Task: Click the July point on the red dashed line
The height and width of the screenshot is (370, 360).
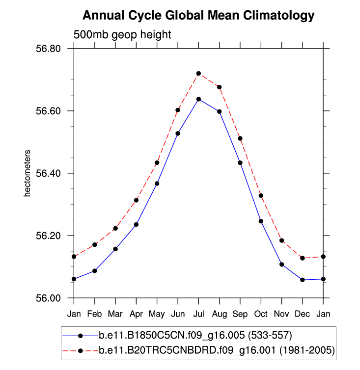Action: coord(198,74)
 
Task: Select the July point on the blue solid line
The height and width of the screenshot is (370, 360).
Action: coord(198,99)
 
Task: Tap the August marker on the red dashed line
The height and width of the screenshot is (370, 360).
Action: coord(219,87)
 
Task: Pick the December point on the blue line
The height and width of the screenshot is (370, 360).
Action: coord(303,280)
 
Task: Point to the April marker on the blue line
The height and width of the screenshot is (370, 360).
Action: coord(136,225)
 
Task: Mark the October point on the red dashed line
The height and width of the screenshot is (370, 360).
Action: coord(261,196)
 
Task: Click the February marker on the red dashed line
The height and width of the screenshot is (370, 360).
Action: coord(94,245)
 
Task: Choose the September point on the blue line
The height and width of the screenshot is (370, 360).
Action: coord(240,162)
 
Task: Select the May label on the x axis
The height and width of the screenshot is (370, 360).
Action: coord(157,313)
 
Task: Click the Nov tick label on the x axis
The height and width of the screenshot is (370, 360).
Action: coord(281,313)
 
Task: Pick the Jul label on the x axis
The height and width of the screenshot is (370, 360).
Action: coord(198,313)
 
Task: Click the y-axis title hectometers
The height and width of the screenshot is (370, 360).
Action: coord(28,174)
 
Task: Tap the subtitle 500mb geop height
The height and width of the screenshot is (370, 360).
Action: coord(122,35)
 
